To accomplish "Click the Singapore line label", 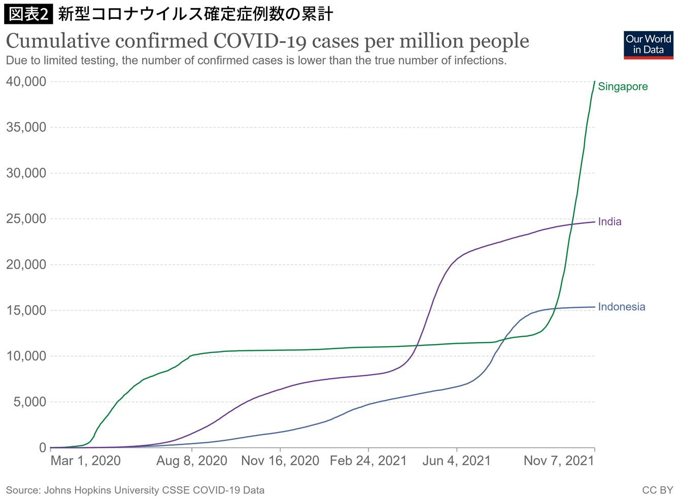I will coord(623,86).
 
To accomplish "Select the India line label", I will coord(609,222).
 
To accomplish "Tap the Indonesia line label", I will coord(622,307).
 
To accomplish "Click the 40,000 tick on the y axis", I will coord(26,82).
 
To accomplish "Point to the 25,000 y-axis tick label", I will coord(26,219).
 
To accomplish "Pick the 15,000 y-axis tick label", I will coord(26,310).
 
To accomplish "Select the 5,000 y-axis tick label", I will coord(29,402).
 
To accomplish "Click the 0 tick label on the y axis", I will coord(43,448).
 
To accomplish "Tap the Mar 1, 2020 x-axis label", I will coord(85,461).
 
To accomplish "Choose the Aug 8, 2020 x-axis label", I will coord(192,461).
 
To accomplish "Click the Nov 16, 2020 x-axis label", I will coord(280,461).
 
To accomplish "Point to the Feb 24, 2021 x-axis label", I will coord(368,461).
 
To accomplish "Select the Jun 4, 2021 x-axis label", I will coord(457,461).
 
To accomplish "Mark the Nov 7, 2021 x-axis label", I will coord(559,461).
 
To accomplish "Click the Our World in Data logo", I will coord(649,45).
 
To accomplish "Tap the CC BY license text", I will coord(658,490).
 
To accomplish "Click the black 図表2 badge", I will coord(28,14).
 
